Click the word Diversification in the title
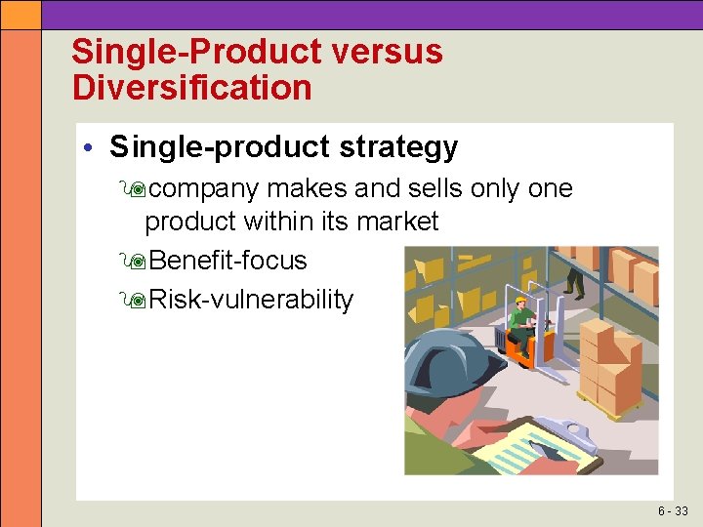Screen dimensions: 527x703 point(191,88)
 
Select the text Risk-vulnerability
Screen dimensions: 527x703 point(252,300)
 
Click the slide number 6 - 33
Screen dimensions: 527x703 point(672,511)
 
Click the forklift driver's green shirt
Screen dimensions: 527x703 point(518,318)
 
